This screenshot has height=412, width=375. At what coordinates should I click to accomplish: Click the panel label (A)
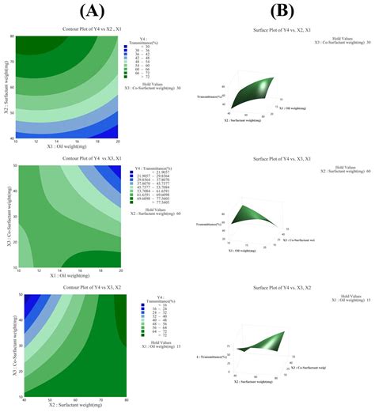(x=88, y=10)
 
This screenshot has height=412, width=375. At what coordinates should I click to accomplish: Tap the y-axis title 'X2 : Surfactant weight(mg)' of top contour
(x=5, y=87)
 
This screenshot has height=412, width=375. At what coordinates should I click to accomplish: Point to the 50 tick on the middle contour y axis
(x=12, y=164)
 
